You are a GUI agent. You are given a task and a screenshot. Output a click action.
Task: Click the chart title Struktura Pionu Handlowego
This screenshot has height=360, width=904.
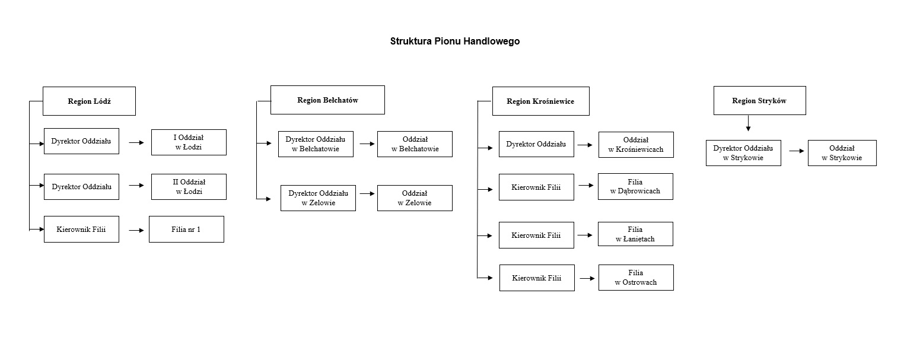454,42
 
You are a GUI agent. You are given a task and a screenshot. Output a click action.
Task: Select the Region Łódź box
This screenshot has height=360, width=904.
89,101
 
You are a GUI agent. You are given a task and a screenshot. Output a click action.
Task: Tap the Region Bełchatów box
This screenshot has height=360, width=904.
327,100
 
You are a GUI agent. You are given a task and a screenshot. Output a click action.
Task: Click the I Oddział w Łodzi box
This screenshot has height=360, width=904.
189,142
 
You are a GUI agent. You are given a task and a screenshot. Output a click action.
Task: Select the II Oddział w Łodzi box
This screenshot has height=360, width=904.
189,187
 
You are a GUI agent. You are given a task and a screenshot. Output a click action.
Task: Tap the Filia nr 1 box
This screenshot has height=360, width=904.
186,230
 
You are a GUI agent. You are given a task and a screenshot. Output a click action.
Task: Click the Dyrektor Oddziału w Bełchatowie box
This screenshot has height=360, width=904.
316,144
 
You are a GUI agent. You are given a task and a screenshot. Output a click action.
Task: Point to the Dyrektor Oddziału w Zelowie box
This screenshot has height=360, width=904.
318,198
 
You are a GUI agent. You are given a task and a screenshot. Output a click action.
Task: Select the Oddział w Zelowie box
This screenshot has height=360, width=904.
415,198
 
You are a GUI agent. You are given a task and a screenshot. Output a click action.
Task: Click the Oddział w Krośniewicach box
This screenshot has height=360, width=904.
636,145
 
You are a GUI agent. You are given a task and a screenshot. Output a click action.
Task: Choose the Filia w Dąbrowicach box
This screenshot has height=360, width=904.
635,187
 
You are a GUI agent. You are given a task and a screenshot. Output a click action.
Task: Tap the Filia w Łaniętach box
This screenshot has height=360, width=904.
635,234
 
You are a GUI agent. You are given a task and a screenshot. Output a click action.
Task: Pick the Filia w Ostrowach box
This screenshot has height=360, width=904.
636,278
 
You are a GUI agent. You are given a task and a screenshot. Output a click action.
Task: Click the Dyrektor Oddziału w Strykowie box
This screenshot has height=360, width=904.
743,153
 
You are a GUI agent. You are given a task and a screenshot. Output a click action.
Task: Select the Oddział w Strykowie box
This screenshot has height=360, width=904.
842,153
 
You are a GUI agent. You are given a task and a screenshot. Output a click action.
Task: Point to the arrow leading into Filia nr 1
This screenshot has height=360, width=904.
137,230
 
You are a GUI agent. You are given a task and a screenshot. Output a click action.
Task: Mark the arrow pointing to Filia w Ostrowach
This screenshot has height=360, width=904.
587,278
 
